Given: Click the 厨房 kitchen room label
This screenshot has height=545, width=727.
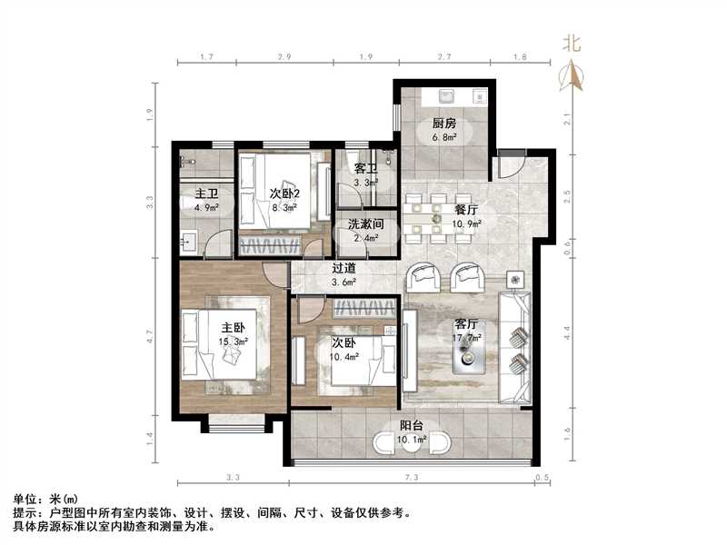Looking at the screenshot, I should [x=443, y=124].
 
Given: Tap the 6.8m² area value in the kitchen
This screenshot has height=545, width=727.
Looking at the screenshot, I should [x=443, y=138].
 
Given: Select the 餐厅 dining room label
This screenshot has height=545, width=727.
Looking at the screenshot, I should [x=467, y=209].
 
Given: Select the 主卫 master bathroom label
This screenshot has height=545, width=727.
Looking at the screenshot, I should [x=206, y=193].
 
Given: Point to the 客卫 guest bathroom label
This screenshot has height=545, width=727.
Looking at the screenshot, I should [x=365, y=169].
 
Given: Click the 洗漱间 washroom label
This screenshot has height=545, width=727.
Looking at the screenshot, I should [x=365, y=225].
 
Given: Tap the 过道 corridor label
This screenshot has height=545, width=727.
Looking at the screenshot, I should [x=344, y=269].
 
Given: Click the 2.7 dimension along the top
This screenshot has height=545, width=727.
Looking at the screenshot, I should [x=444, y=57].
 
